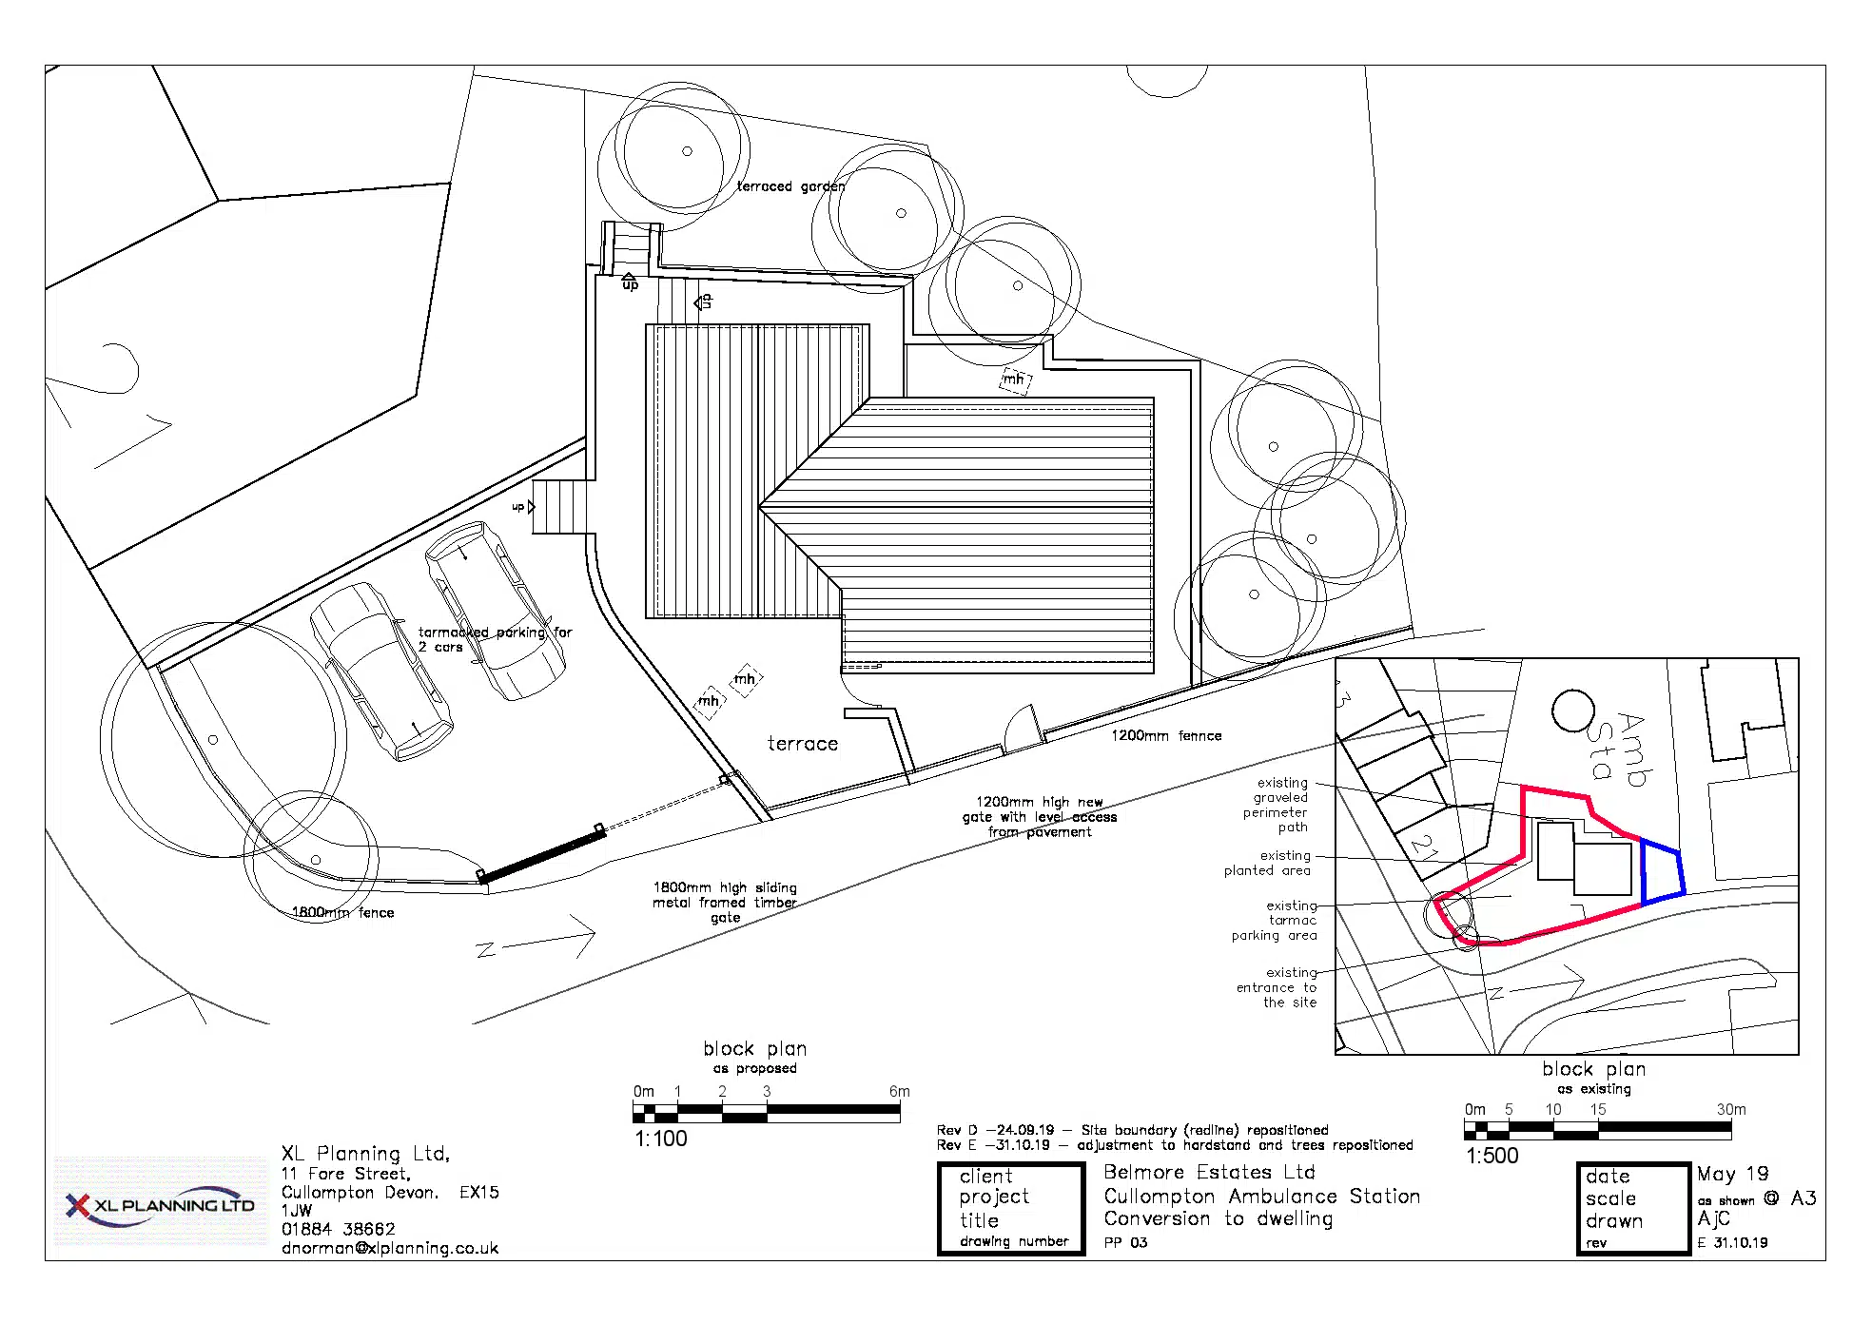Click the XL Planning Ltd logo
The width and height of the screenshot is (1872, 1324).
tap(160, 1204)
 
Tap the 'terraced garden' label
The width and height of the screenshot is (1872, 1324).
tap(790, 186)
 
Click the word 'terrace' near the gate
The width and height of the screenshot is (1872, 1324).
tap(803, 744)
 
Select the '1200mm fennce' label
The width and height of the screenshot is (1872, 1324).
tap(1166, 735)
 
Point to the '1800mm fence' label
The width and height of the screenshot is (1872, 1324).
tap(342, 912)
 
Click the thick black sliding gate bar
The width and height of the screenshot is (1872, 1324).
tap(542, 856)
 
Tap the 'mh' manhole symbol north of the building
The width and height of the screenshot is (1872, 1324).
tap(1015, 380)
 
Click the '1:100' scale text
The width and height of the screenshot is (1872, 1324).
tap(661, 1139)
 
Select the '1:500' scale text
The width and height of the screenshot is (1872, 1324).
tap(1492, 1156)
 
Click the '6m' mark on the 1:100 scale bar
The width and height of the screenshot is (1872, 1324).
tap(899, 1091)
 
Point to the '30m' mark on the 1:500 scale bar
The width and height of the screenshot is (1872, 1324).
tap(1731, 1109)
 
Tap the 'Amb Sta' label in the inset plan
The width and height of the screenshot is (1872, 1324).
tap(1616, 749)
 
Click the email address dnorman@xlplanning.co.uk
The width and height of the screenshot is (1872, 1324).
tap(390, 1248)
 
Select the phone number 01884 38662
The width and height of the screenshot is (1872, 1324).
tap(338, 1229)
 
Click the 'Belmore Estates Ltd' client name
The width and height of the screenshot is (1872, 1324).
tap(1209, 1172)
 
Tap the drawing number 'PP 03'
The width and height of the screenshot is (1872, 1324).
tap(1125, 1242)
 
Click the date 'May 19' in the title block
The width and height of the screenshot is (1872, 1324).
tap(1732, 1174)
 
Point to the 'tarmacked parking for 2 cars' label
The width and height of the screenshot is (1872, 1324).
tap(495, 639)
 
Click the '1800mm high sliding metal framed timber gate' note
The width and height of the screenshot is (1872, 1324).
tap(725, 903)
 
